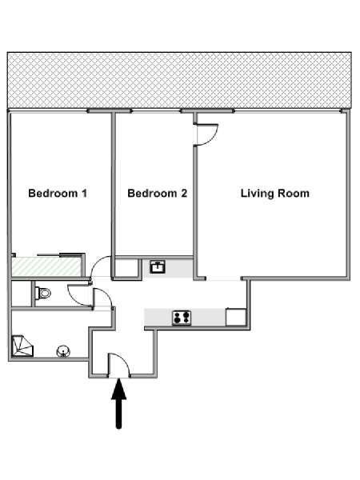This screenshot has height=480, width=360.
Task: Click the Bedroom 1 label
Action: [x=58, y=193]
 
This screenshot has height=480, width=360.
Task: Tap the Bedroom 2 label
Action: [x=157, y=193]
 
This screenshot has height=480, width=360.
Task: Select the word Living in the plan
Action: [x=257, y=194]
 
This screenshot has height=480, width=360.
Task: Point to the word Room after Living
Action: [x=294, y=194]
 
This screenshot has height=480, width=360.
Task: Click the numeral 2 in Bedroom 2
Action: [x=184, y=193]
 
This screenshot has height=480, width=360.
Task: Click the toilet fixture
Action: [x=42, y=294]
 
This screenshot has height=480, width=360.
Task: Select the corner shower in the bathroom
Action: [x=22, y=346]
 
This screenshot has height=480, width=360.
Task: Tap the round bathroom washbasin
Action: [x=63, y=351]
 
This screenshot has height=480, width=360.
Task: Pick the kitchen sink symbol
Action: [x=158, y=266]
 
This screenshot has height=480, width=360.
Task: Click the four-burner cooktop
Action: [x=182, y=318]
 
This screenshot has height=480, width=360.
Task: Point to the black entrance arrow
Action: [x=118, y=403]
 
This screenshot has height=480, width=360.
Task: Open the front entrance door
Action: [x=119, y=364]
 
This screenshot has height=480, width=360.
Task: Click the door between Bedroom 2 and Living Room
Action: [x=207, y=134]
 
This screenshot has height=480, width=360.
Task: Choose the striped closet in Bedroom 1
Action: [x=46, y=266]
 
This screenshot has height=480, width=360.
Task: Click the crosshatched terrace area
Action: [x=179, y=80]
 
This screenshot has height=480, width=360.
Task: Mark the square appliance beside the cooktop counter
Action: [x=236, y=318]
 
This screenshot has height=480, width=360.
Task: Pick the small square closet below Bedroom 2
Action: [x=126, y=268]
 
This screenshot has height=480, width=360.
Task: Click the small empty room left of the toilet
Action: [x=22, y=294]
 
